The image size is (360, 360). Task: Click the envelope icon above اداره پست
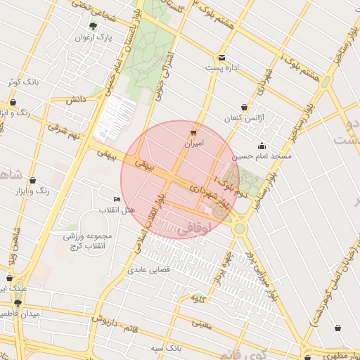222,58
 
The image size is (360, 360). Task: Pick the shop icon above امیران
193,131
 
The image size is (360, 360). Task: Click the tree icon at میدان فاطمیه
18,303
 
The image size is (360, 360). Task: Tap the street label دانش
76,101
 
